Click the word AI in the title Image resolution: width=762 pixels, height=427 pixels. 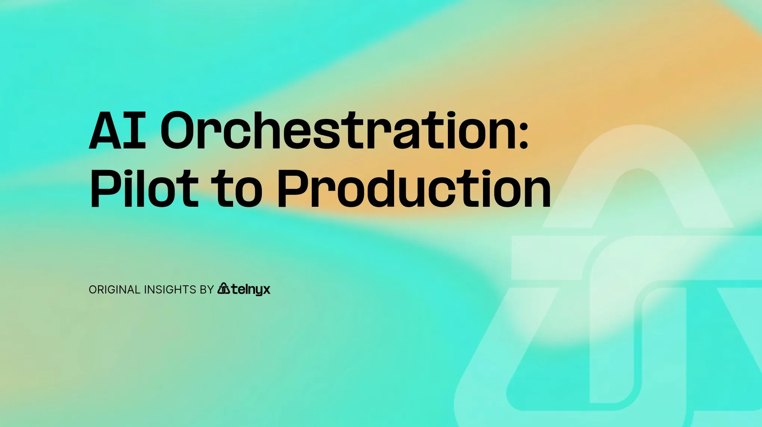117,130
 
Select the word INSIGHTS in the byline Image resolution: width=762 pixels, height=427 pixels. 170,290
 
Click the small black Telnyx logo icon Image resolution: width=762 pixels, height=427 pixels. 224,288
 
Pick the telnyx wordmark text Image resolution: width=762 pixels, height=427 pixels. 251,289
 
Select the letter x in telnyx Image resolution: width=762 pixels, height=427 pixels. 265,290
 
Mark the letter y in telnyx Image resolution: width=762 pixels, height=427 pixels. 257,291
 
